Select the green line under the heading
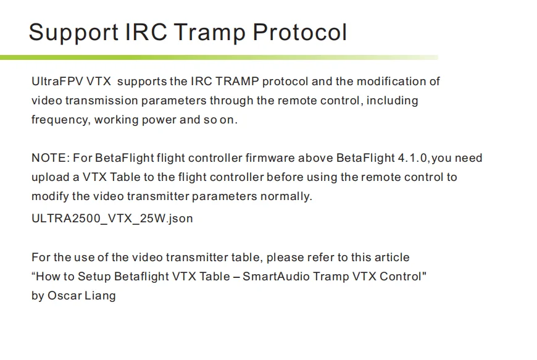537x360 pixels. click(x=219, y=57)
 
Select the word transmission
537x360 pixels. click(x=101, y=101)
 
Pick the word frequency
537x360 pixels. click(x=61, y=120)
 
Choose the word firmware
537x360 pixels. click(x=270, y=158)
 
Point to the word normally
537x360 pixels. click(x=286, y=197)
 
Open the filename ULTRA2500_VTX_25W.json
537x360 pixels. click(x=112, y=219)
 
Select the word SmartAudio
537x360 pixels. click(x=276, y=277)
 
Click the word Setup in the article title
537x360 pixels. click(x=94, y=277)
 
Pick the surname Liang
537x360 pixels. click(x=100, y=296)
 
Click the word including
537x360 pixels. click(x=392, y=101)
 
